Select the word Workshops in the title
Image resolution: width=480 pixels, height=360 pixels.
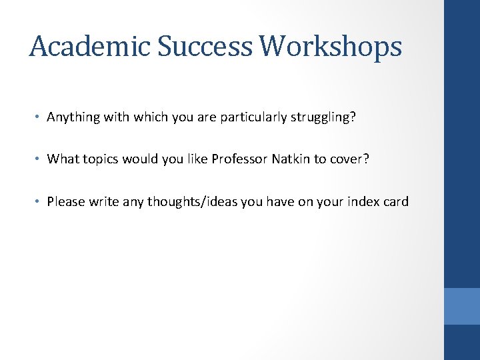pos(331,47)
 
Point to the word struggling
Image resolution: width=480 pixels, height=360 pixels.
pos(325,117)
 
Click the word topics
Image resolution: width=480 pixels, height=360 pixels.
pos(102,159)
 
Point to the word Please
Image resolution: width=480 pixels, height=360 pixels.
pos(65,201)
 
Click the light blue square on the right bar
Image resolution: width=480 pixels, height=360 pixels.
pos(462,306)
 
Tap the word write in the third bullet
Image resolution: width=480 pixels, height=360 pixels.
pos(102,201)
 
